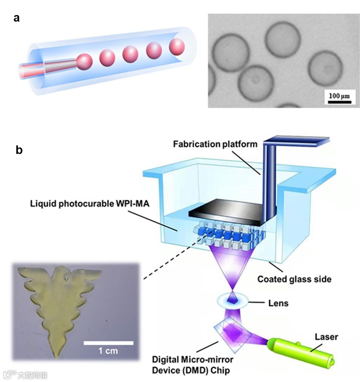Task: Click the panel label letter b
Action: point(19,150)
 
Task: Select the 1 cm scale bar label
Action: point(108,351)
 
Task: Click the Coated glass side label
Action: point(294,279)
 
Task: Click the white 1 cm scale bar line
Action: point(108,343)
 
